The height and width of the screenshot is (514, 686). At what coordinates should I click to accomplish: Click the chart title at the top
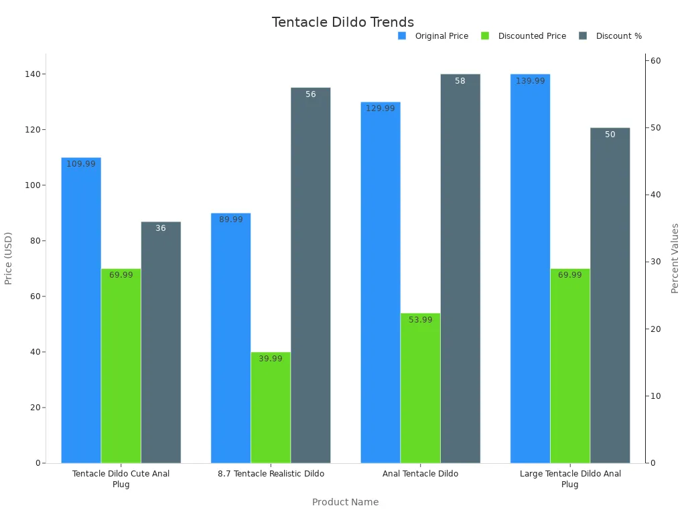click(342, 22)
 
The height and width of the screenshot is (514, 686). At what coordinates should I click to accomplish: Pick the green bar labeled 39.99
click(271, 408)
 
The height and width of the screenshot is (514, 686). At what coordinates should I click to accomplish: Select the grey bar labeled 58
click(460, 268)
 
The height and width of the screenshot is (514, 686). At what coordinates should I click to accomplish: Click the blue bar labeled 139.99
click(530, 268)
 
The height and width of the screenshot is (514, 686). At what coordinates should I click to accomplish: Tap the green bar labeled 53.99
click(420, 388)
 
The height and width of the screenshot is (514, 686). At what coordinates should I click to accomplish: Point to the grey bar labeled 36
click(161, 342)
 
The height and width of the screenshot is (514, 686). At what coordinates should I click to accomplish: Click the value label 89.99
click(231, 220)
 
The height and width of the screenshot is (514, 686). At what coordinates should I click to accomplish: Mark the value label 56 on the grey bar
click(311, 94)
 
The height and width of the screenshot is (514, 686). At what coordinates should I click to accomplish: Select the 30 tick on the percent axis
click(656, 262)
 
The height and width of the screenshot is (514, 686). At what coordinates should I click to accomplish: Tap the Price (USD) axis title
click(9, 258)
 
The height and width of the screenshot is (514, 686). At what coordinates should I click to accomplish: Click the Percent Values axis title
click(675, 258)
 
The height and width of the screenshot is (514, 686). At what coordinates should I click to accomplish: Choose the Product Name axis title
click(345, 502)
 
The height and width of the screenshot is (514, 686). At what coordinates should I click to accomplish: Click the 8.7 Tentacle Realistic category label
click(271, 474)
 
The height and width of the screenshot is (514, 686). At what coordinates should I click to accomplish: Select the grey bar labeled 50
click(610, 295)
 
